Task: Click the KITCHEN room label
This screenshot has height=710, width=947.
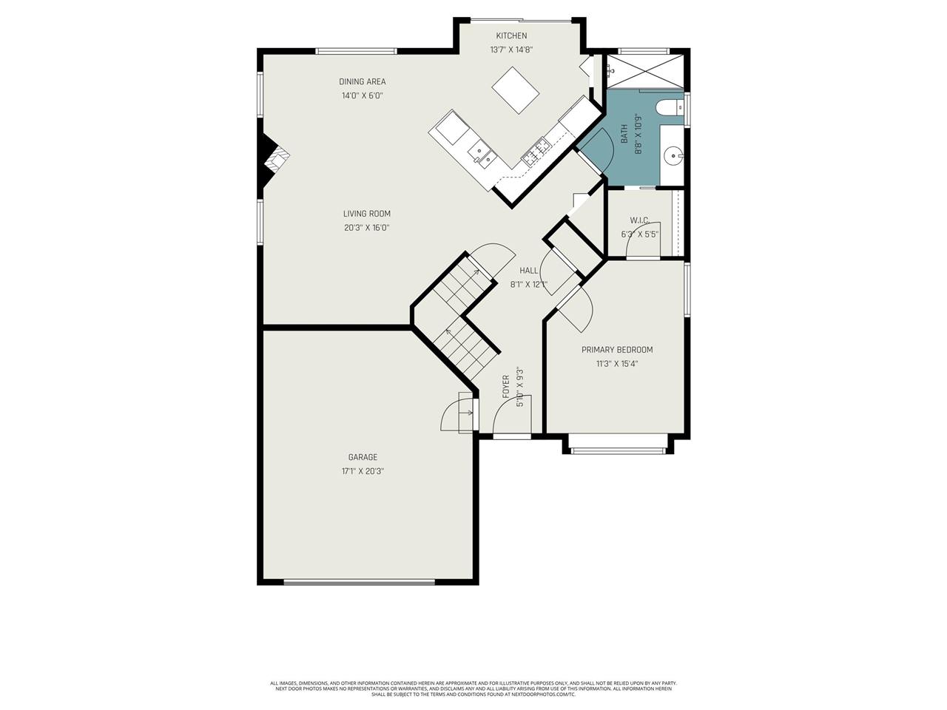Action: (x=511, y=35)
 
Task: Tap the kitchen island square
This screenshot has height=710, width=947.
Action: (x=516, y=89)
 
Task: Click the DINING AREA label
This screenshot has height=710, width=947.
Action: (x=362, y=81)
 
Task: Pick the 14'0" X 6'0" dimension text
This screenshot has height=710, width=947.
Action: (x=362, y=95)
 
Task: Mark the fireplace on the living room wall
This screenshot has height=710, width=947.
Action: (x=274, y=160)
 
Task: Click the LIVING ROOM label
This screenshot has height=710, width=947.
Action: (x=366, y=214)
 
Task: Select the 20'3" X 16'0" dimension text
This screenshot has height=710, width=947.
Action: (x=366, y=228)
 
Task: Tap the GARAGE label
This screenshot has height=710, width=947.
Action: (x=363, y=457)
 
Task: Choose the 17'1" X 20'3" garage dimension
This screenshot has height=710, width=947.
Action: (x=363, y=471)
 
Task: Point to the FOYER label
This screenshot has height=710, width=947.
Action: (x=506, y=387)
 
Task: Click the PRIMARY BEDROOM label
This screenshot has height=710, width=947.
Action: (x=617, y=350)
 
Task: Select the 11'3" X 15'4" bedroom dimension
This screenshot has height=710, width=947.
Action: (x=617, y=364)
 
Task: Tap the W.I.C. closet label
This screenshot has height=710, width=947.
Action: (x=639, y=220)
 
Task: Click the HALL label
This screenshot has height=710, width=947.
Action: (x=528, y=271)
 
